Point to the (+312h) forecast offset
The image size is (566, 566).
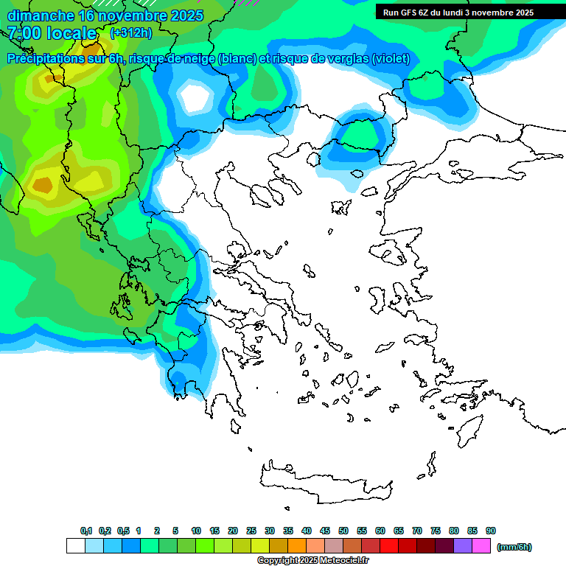[130, 33]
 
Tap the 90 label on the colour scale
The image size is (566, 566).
[491, 531]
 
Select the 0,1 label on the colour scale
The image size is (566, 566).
[86, 531]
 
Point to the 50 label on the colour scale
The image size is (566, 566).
[343, 531]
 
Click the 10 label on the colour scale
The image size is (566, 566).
[196, 531]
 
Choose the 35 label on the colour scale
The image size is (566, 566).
[288, 531]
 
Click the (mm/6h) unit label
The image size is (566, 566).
[514, 547]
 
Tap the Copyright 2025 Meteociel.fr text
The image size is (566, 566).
[312, 561]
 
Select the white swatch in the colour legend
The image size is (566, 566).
[75, 546]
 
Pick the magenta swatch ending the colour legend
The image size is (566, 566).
[481, 546]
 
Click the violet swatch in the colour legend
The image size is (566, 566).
[463, 546]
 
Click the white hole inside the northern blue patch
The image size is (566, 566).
[195, 97]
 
